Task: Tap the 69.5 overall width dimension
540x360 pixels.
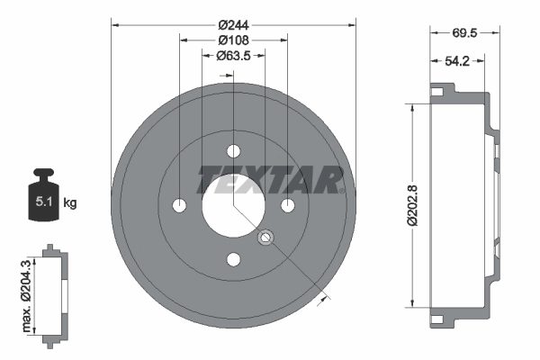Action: tap(464, 31)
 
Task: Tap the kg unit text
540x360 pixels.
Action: tap(70, 203)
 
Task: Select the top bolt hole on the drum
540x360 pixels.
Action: tap(233, 151)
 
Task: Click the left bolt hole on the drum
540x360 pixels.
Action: tap(178, 206)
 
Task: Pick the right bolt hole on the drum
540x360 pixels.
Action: tap(288, 206)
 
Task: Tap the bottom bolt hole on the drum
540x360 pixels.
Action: tap(233, 261)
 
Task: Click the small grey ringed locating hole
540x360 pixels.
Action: tap(265, 238)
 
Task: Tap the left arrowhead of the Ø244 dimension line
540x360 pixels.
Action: tap(115, 24)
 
